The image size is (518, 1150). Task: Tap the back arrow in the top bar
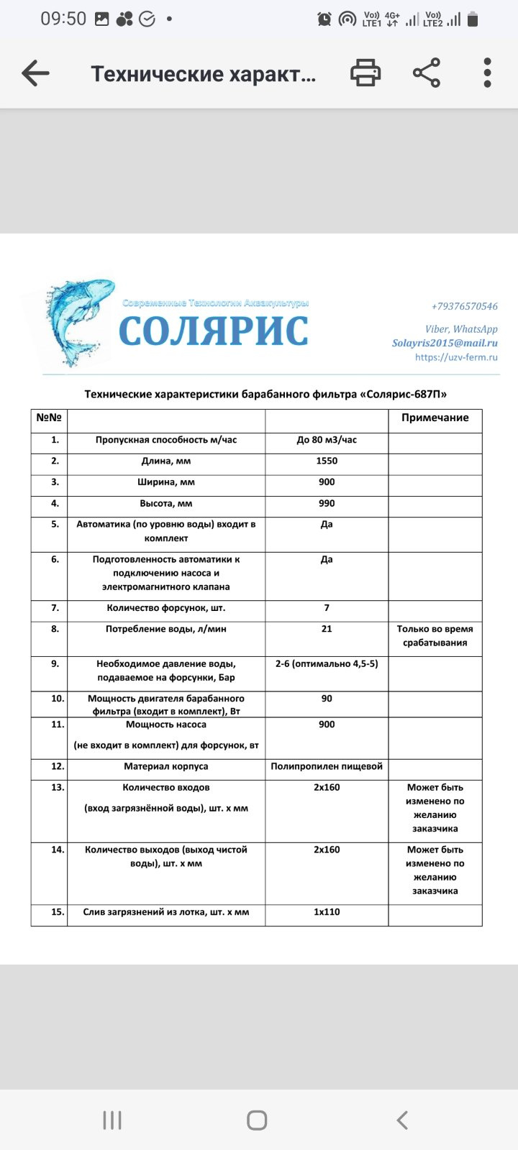tap(35, 73)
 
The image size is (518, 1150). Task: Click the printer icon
tap(365, 73)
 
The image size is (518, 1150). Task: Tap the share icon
tap(427, 73)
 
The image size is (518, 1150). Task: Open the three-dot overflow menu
tap(487, 73)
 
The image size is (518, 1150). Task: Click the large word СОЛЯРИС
tap(214, 331)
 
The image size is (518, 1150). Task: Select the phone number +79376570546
tap(464, 306)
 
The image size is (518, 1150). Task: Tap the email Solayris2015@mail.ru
tap(445, 343)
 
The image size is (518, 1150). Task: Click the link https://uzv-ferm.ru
tap(456, 357)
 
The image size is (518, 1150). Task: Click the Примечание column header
tap(435, 418)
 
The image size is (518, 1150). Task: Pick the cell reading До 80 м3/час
tap(327, 440)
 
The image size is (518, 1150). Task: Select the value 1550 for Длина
tap(327, 461)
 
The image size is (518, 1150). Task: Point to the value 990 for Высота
tap(327, 503)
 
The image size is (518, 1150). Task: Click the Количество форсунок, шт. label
tap(166, 608)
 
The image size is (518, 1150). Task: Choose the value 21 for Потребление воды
tap(327, 629)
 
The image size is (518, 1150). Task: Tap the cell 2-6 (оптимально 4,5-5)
tap(327, 663)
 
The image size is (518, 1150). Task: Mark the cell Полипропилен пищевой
tap(327, 766)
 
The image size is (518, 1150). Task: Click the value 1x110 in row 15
tap(327, 912)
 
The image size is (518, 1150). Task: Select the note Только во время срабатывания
tap(435, 636)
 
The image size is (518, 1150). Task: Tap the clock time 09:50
tap(63, 19)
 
